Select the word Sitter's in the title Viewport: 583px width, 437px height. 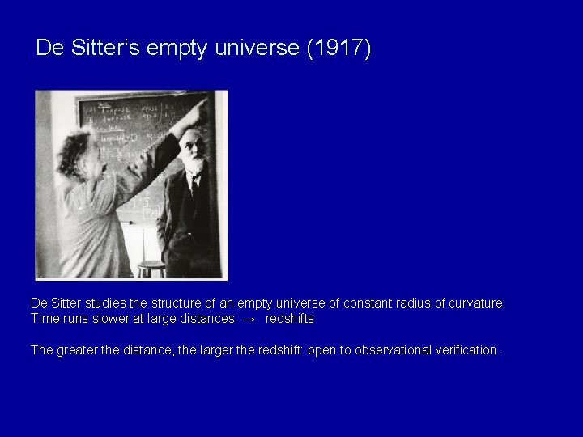click(102, 49)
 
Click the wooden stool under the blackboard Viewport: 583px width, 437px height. click(151, 268)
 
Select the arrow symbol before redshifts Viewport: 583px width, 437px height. click(249, 320)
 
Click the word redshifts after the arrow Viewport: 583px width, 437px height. click(289, 319)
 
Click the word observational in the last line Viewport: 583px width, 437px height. click(375, 350)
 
